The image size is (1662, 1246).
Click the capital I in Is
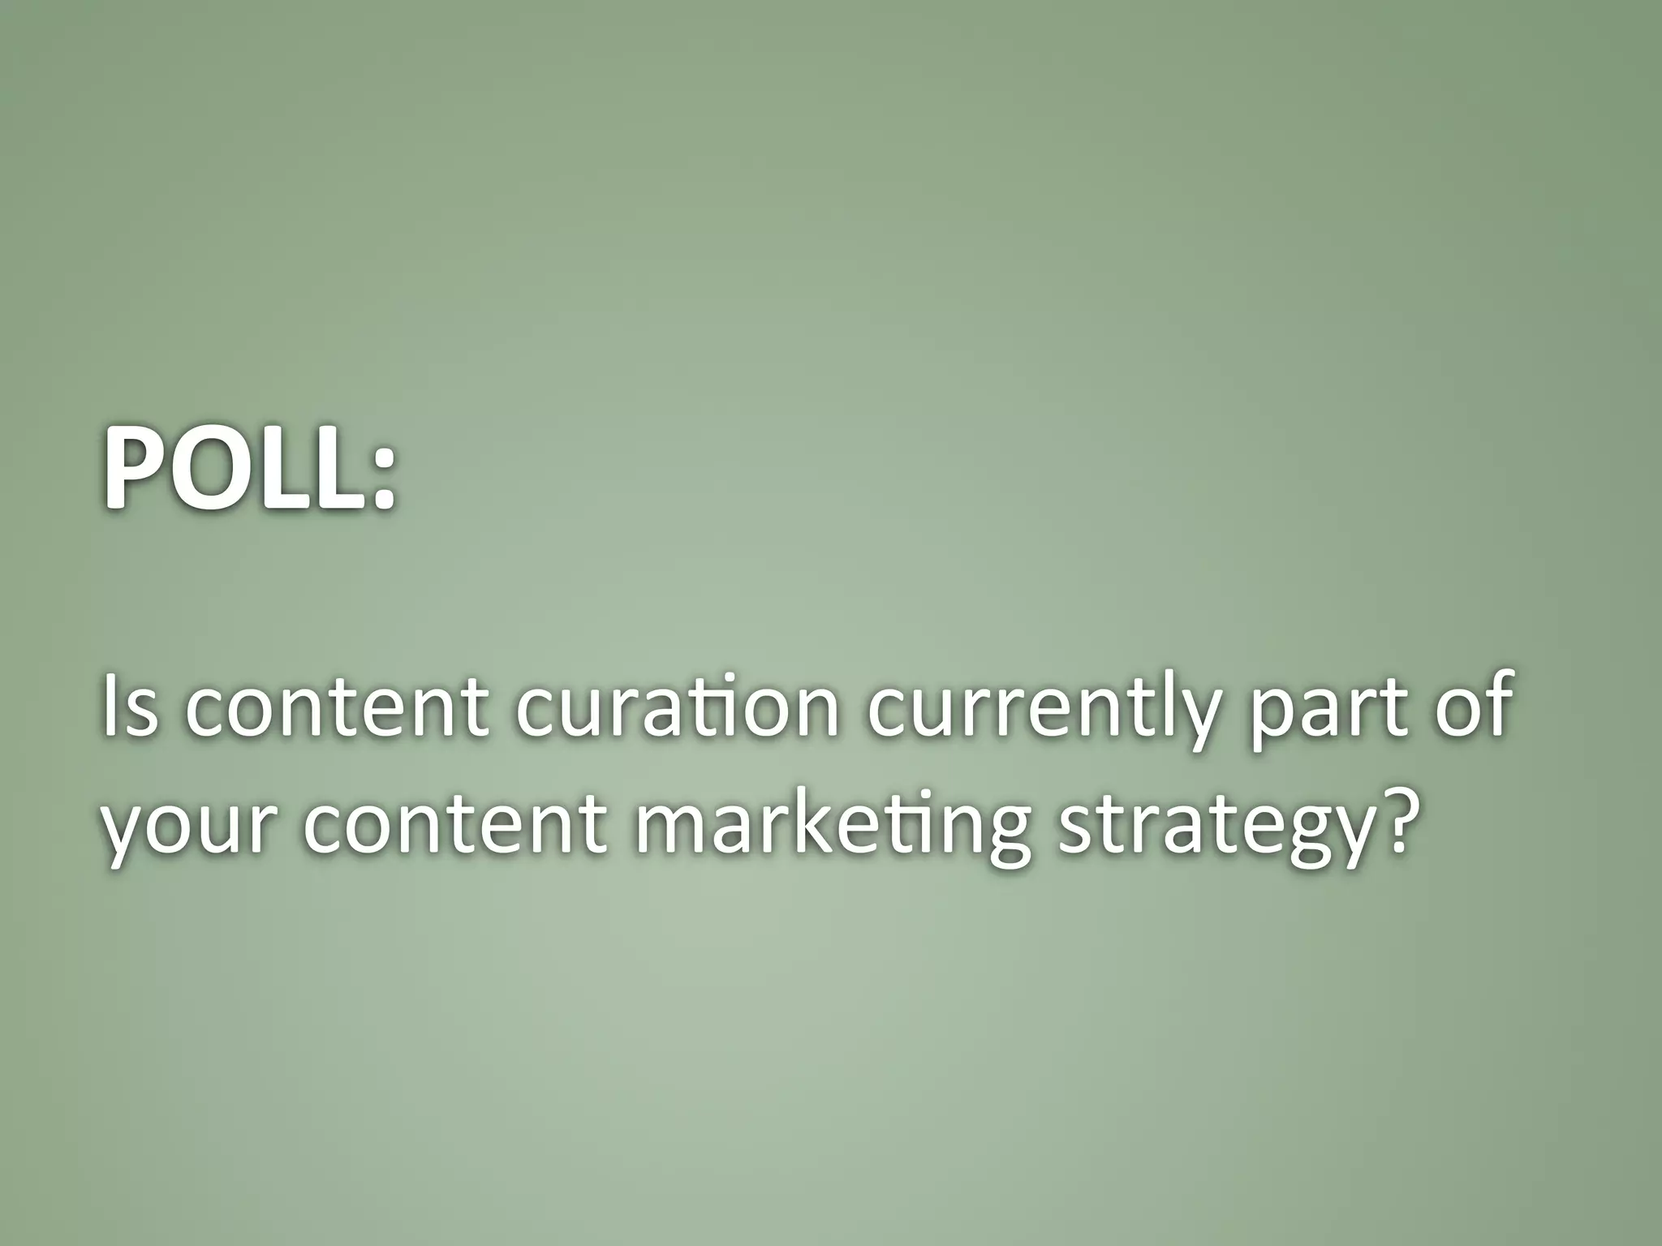pyautogui.click(x=110, y=706)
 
